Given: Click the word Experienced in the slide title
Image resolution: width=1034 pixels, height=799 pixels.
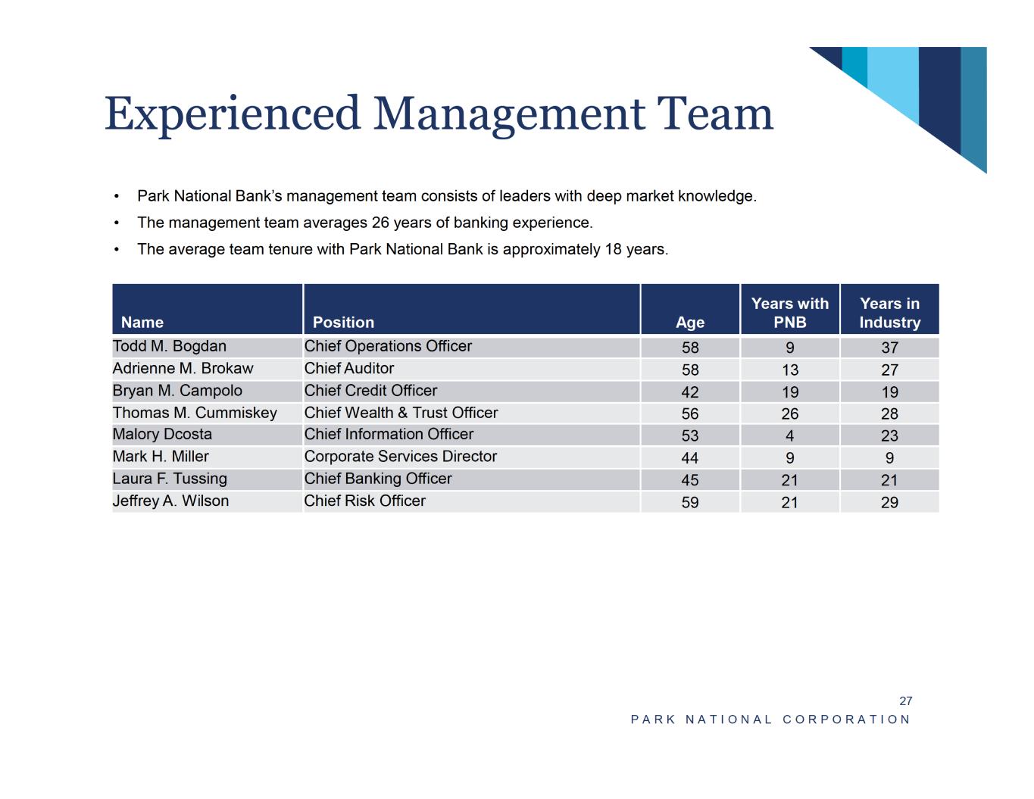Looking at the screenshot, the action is [232, 114].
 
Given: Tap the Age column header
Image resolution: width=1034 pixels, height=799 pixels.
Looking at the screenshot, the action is [690, 323].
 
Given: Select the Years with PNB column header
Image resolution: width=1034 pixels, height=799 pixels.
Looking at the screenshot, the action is [790, 313].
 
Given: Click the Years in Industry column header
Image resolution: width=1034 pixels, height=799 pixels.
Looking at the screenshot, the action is [889, 313].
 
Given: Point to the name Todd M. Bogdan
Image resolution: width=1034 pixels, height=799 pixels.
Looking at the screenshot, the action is [170, 346].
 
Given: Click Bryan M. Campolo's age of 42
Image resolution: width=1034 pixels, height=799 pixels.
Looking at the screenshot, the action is [690, 392].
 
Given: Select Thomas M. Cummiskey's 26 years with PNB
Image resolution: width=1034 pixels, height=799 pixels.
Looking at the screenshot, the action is [790, 414].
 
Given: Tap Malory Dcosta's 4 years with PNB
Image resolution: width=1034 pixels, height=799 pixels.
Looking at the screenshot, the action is [790, 435].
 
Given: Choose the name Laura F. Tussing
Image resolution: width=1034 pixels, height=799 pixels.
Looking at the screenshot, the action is [170, 479].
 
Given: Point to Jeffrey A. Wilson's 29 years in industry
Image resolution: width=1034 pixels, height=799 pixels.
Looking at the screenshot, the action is [889, 502].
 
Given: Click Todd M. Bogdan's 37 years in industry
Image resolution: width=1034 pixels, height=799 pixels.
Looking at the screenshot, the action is [889, 348].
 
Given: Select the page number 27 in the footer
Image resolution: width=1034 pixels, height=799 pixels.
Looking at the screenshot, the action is [905, 701].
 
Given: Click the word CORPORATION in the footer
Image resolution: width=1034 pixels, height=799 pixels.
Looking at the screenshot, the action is [847, 719].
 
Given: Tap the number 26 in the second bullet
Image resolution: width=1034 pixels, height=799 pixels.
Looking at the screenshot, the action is [381, 223].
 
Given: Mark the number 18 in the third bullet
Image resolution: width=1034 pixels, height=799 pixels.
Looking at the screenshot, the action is [614, 249].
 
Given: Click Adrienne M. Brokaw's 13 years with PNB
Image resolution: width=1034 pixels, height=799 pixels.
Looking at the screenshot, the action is [790, 370].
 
